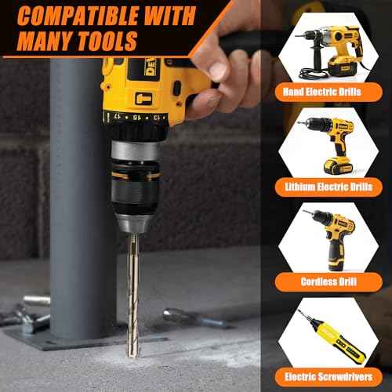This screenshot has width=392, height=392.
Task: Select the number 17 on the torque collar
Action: pyautogui.click(x=118, y=115)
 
